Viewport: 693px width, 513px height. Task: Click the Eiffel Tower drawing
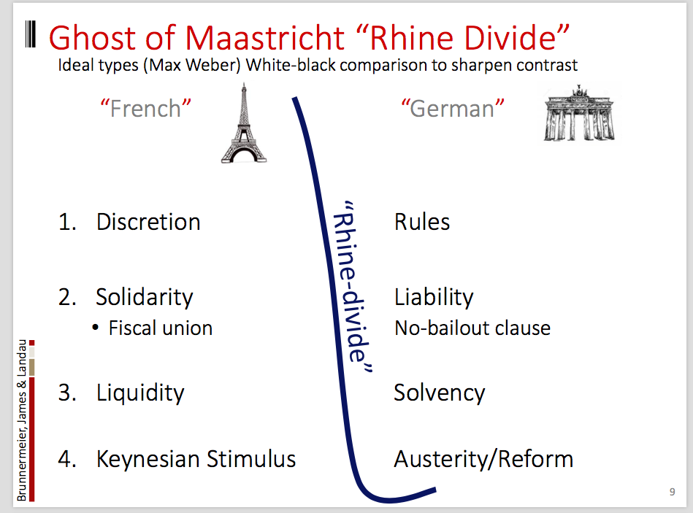coord(243,123)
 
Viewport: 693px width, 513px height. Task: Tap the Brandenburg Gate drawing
coord(579,113)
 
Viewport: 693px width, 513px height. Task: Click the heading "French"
coord(145,109)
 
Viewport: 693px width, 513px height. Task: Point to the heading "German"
coord(453,109)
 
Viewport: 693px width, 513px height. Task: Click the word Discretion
coord(148,222)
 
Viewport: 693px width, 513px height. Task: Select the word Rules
coord(422,222)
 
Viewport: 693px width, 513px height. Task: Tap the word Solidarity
coord(145,298)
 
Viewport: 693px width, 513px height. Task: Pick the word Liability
coord(434,298)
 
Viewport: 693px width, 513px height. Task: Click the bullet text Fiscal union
coord(161,328)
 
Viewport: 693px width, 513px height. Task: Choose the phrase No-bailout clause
coord(472,328)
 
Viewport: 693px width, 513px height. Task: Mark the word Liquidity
coord(140,393)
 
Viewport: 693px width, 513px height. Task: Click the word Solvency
coord(440,393)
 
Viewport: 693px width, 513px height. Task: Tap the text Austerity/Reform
coord(483,459)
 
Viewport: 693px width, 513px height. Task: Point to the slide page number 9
coord(673,492)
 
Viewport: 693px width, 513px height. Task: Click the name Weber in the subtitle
coord(213,66)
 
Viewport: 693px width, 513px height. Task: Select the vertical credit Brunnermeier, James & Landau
coord(22,420)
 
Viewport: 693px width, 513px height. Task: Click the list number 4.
coord(66,459)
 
